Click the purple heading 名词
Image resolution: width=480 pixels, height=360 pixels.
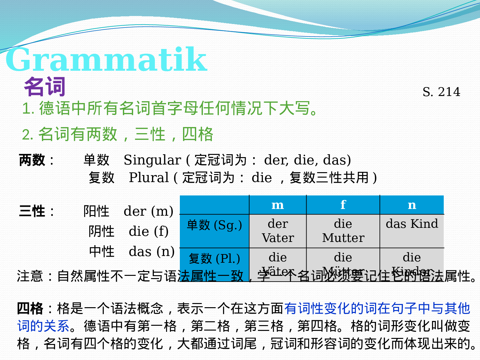tap(45, 86)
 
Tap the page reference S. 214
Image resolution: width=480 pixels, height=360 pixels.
tap(441, 92)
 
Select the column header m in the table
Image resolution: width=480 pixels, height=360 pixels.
tap(277, 205)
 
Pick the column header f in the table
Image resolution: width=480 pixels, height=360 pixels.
tap(343, 205)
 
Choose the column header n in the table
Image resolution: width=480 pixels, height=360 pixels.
tap(412, 205)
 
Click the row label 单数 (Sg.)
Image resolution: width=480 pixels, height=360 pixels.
tap(214, 225)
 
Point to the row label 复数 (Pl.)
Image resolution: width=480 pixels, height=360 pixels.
tap(214, 259)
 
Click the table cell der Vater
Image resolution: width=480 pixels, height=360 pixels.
tap(278, 231)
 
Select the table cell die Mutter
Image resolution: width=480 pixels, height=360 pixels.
tap(343, 231)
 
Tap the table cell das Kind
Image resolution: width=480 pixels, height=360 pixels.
tap(412, 224)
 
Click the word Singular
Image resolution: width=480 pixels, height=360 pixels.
tap(152, 160)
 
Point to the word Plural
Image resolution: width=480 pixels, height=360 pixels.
tap(149, 178)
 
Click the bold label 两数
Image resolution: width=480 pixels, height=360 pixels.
tap(32, 160)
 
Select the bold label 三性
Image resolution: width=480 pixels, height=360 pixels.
tap(32, 212)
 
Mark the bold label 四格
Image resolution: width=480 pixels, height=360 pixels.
tap(30, 309)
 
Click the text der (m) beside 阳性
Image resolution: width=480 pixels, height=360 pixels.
tap(148, 212)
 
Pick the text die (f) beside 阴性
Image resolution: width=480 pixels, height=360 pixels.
tap(148, 232)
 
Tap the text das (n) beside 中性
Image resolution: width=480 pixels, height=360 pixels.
tap(152, 252)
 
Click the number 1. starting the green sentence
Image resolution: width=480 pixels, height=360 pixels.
tap(28, 109)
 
